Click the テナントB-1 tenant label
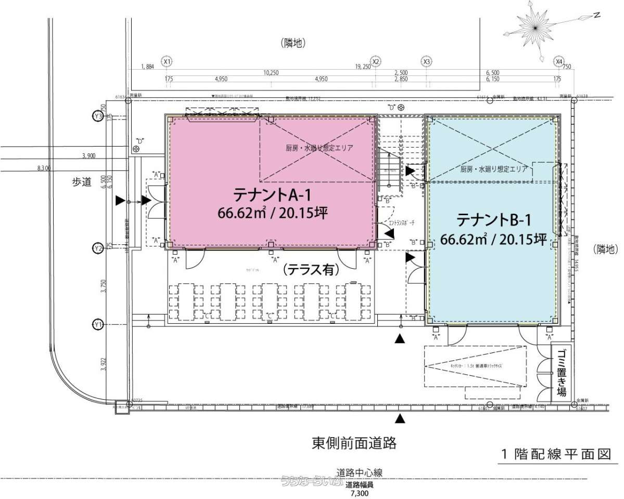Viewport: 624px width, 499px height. pos(493,220)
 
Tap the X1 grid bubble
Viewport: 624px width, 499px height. pos(167,61)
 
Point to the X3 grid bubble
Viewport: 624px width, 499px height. pos(427,61)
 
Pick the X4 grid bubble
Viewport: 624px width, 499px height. pos(559,61)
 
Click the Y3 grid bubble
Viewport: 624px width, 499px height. pos(97,116)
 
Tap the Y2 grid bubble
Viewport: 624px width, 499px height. pos(97,248)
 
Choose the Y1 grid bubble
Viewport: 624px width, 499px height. pos(97,325)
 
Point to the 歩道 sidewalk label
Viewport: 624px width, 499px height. pos(82,181)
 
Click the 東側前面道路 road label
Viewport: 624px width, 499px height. pos(354,443)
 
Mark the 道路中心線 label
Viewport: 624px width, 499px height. pos(360,472)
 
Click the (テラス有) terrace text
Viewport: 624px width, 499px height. pos(311,270)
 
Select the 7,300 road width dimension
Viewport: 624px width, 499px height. pos(359,493)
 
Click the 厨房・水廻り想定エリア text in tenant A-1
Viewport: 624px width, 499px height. pos(319,148)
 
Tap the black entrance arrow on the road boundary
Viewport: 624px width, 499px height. pos(400,418)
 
